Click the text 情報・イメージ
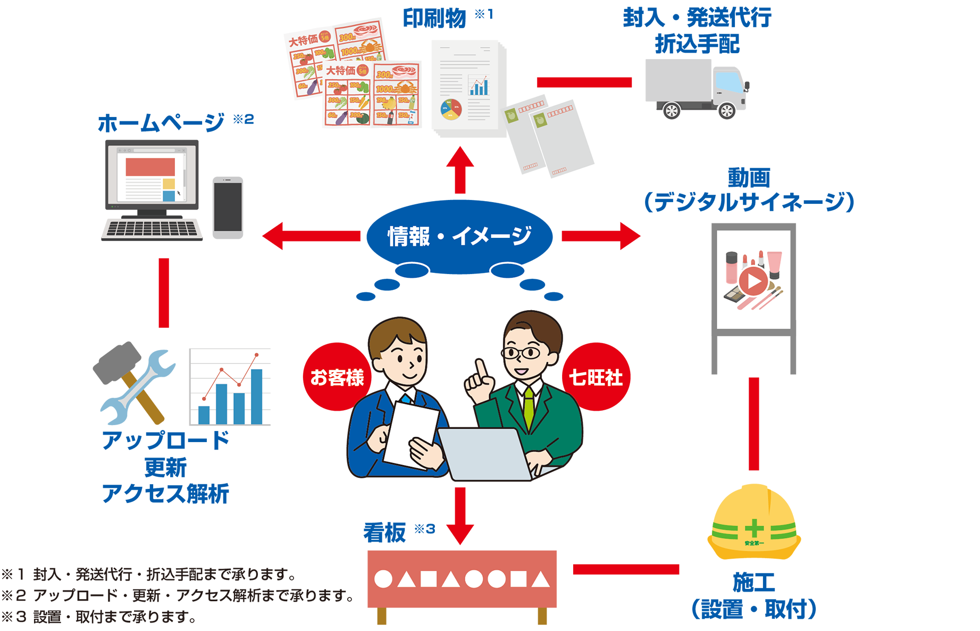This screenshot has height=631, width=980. pyautogui.click(x=459, y=236)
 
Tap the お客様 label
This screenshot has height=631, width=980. pyautogui.click(x=337, y=378)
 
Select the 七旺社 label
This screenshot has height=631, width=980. pyautogui.click(x=596, y=378)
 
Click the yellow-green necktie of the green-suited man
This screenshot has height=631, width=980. pyautogui.click(x=529, y=407)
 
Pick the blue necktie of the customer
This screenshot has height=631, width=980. pyautogui.click(x=407, y=398)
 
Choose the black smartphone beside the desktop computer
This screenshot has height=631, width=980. pyautogui.click(x=228, y=207)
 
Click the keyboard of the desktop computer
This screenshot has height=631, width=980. pyautogui.click(x=152, y=229)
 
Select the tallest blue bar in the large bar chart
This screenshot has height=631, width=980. pyautogui.click(x=256, y=396)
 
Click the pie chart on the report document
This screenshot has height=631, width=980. pyautogui.click(x=451, y=110)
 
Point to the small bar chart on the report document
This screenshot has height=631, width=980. pyautogui.click(x=479, y=87)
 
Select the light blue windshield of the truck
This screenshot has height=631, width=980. pyautogui.click(x=729, y=82)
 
